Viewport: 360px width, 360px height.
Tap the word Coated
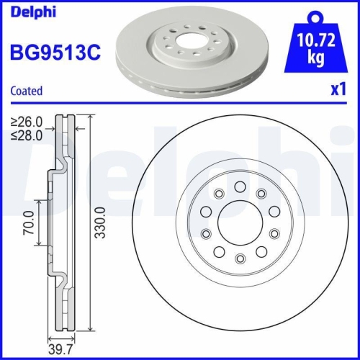27,91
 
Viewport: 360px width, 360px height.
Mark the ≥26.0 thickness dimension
26,122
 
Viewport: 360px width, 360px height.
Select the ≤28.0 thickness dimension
26,134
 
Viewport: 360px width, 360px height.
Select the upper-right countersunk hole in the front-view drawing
261,192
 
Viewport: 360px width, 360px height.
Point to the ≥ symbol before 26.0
14,122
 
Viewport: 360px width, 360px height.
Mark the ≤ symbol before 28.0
14,134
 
